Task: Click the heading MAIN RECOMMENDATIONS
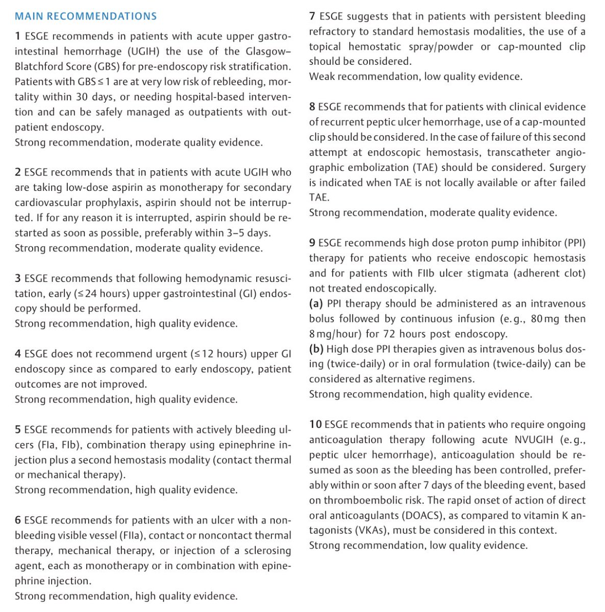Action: (x=86, y=16)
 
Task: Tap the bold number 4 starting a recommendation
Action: (x=18, y=353)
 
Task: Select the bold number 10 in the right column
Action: (x=315, y=424)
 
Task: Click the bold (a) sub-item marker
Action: (x=316, y=303)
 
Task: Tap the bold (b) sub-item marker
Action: (x=316, y=349)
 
